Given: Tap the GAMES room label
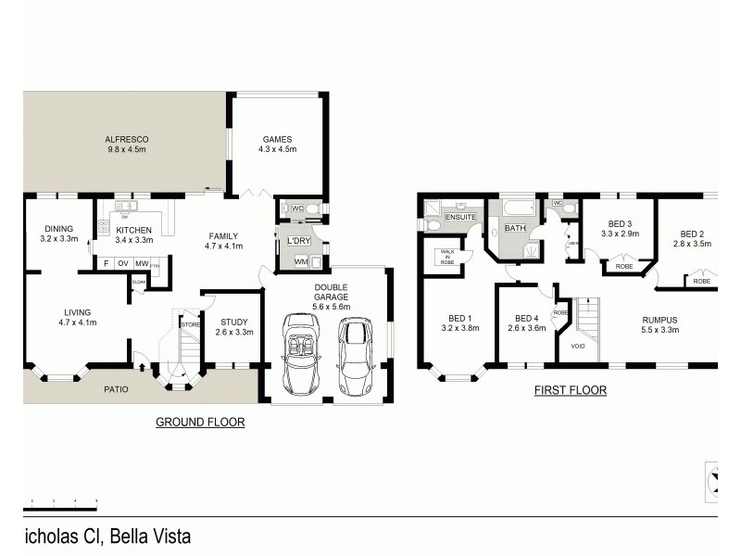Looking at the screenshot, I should click(x=278, y=140).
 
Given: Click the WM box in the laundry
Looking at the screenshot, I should click(x=300, y=262).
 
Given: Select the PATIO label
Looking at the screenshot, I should click(x=115, y=388).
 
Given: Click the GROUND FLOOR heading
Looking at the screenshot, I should click(x=199, y=422).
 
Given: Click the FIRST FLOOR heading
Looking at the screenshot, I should click(x=570, y=391).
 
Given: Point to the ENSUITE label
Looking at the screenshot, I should click(x=460, y=217).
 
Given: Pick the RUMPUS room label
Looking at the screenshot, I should click(x=660, y=320).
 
